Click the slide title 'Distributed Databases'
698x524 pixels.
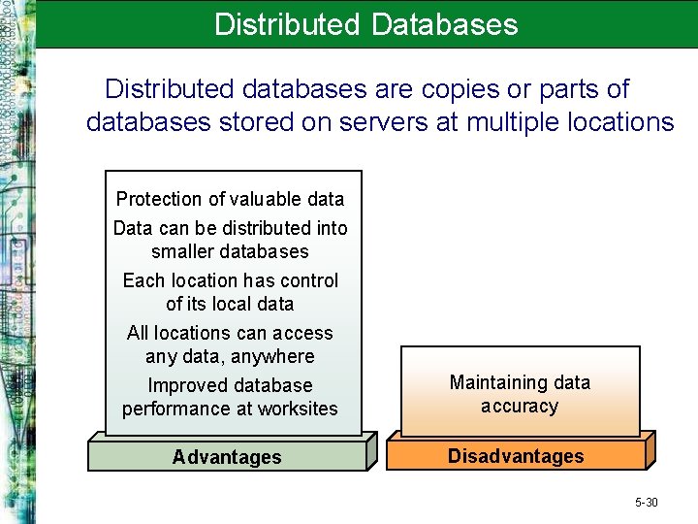point(366,24)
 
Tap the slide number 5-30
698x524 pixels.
point(646,502)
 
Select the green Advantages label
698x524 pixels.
point(227,457)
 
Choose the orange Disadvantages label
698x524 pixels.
point(516,456)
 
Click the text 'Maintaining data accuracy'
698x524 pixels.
point(520,394)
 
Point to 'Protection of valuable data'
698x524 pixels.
point(230,199)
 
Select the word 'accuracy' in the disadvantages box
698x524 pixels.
point(520,406)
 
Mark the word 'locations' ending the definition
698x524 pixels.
point(618,122)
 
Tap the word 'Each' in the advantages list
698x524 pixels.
point(143,280)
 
